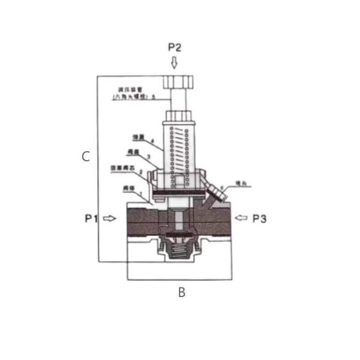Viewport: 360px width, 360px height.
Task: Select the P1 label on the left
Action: pyautogui.click(x=91, y=218)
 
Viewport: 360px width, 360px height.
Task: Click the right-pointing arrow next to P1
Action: pyautogui.click(x=109, y=218)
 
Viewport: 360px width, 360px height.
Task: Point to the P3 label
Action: pyautogui.click(x=259, y=218)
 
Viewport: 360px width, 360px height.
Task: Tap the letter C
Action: pyautogui.click(x=86, y=157)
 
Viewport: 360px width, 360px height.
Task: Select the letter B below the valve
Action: pyautogui.click(x=181, y=293)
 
